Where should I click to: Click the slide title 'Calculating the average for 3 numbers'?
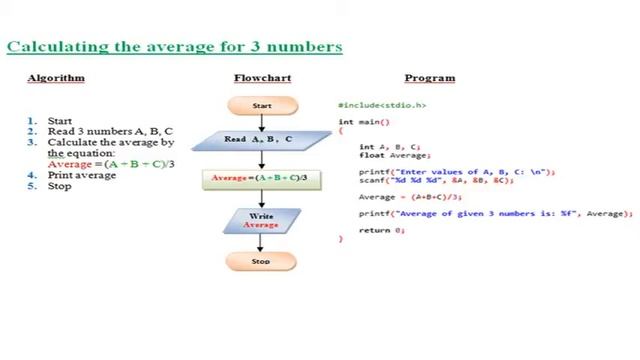pyautogui.click(x=175, y=46)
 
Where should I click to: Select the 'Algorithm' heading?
pyautogui.click(x=56, y=78)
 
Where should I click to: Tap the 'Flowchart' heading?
pyautogui.click(x=262, y=78)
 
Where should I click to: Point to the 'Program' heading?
pyautogui.click(x=430, y=78)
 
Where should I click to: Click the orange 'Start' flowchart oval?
pyautogui.click(x=262, y=105)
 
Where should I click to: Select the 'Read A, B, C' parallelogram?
pyautogui.click(x=258, y=140)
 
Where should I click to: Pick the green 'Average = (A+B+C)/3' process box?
pyautogui.click(x=260, y=179)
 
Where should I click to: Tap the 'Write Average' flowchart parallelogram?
pyautogui.click(x=261, y=220)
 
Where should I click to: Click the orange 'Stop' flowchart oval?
pyautogui.click(x=261, y=262)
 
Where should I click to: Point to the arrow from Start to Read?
pyautogui.click(x=262, y=123)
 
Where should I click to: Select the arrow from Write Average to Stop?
pyautogui.click(x=261, y=243)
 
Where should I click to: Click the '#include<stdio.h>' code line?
pyautogui.click(x=382, y=105)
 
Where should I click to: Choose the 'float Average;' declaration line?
pyautogui.click(x=394, y=155)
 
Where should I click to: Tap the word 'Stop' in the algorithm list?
pyautogui.click(x=59, y=186)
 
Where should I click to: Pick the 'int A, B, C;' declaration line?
pyautogui.click(x=390, y=147)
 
